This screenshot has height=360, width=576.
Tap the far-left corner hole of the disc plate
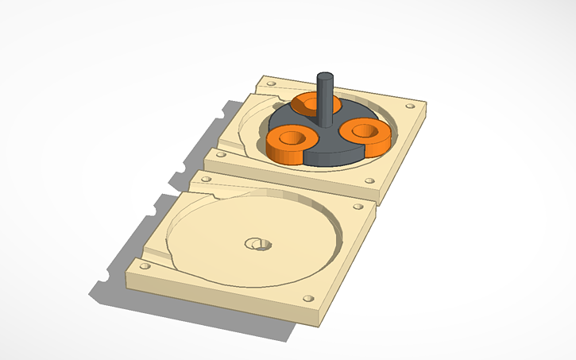(x=271, y=83)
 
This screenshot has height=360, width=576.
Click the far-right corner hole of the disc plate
(x=410, y=106)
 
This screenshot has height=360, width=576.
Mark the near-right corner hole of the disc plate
(x=369, y=180)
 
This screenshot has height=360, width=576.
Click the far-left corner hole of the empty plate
(x=207, y=180)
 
